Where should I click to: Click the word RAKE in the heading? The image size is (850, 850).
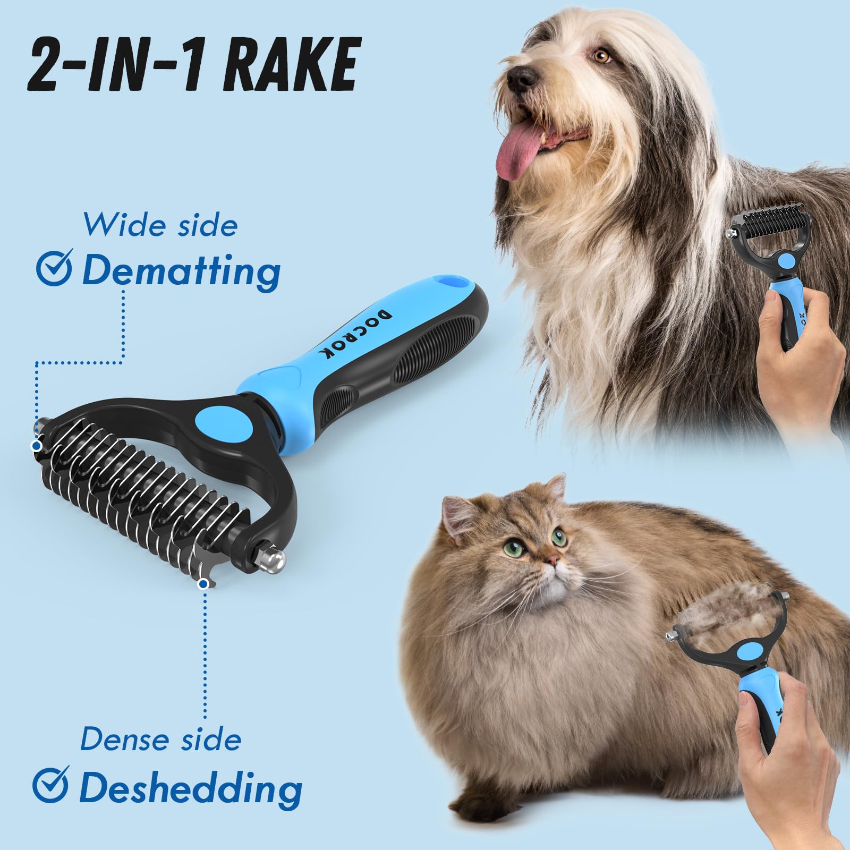point(290,67)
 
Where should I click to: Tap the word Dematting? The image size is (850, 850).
point(181,271)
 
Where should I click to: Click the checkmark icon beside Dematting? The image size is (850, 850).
point(54,270)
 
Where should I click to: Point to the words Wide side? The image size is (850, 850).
point(160,225)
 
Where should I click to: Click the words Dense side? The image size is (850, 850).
point(160,739)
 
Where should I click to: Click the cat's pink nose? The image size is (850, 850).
point(553,559)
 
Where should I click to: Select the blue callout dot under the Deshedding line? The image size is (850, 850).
point(202,585)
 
